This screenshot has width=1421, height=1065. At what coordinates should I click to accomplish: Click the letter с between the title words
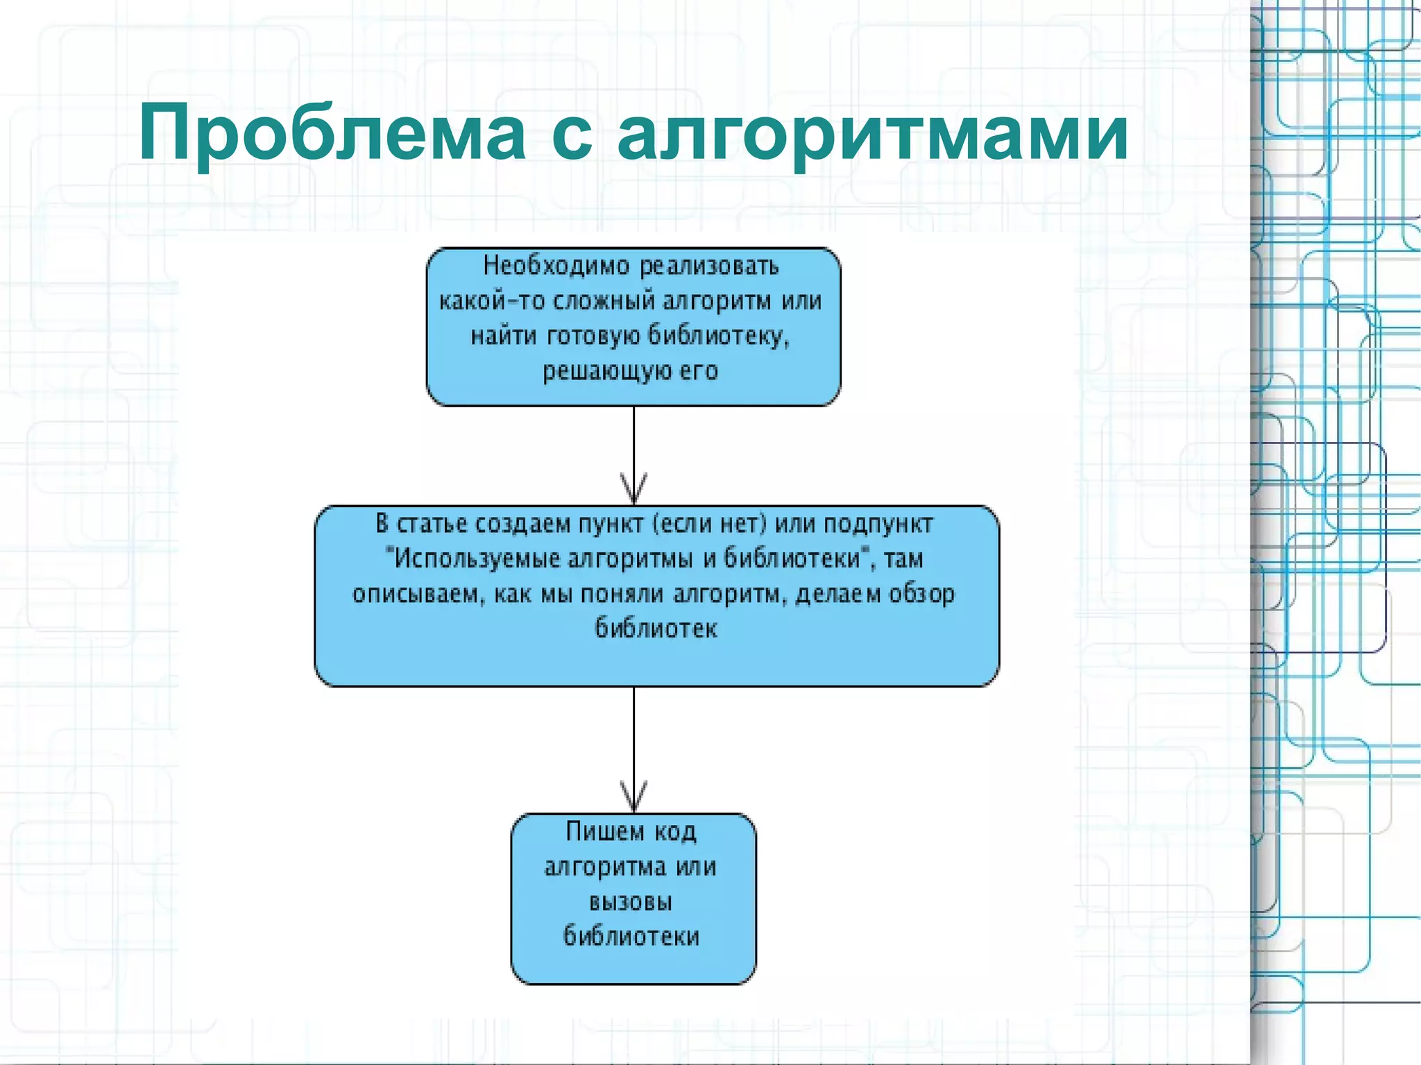pyautogui.click(x=572, y=135)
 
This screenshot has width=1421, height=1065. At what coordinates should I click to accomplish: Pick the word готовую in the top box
pyautogui.click(x=594, y=336)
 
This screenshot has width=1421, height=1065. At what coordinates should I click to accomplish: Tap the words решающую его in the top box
pyautogui.click(x=630, y=371)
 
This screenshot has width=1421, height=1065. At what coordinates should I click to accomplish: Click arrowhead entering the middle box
pyautogui.click(x=633, y=490)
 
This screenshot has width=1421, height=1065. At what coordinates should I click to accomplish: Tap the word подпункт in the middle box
pyautogui.click(x=878, y=524)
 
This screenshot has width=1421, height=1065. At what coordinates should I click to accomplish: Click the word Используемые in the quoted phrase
pyautogui.click(x=476, y=559)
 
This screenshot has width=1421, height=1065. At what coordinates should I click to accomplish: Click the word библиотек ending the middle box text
pyautogui.click(x=656, y=629)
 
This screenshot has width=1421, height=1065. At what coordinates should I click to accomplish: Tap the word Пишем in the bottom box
pyautogui.click(x=605, y=831)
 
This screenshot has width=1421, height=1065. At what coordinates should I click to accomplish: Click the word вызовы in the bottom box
pyautogui.click(x=630, y=902)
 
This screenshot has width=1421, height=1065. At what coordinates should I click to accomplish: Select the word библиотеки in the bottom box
pyautogui.click(x=631, y=937)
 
